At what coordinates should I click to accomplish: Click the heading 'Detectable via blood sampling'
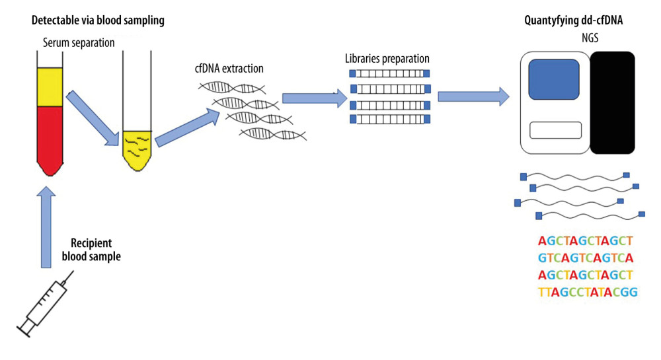(98, 21)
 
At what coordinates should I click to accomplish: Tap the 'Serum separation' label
(75, 44)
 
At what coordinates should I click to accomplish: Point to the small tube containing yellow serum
(137, 149)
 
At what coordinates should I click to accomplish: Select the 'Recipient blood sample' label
(95, 250)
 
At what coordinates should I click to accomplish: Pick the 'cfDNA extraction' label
(229, 69)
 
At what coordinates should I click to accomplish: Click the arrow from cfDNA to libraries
(315, 99)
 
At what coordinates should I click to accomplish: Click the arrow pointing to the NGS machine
(473, 96)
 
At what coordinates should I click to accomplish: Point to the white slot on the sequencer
(555, 130)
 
